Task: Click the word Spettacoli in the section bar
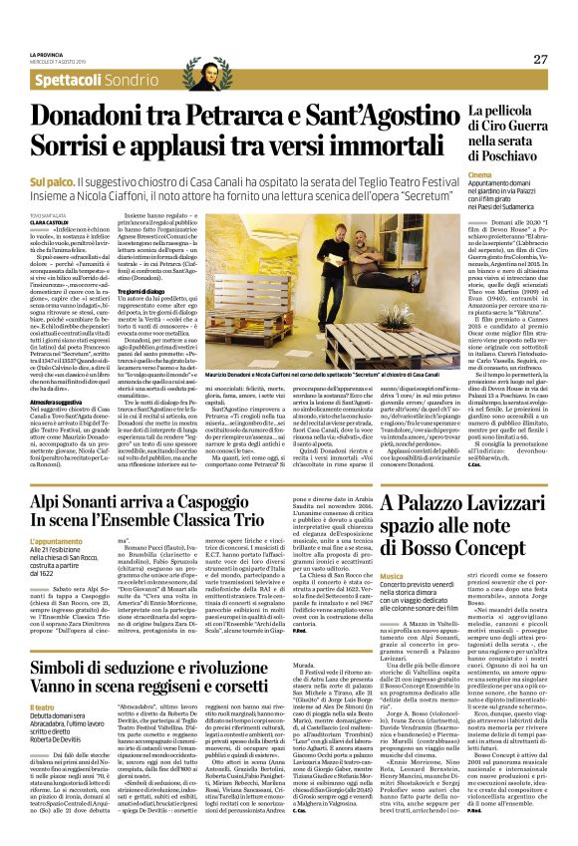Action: pos(64,80)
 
